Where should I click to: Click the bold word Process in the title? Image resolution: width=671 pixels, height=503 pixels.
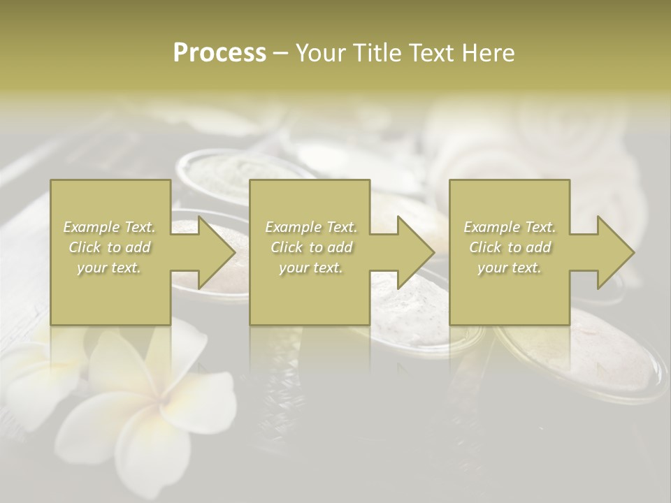219,53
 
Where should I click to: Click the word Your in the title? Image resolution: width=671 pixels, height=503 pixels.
321,53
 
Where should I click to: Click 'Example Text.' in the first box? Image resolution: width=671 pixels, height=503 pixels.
110,227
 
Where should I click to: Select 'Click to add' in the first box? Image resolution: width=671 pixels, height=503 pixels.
110,247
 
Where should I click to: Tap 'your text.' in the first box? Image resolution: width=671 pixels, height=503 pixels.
110,268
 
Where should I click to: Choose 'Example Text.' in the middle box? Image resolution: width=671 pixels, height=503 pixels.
311,227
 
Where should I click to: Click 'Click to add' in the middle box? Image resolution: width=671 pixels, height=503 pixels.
311,247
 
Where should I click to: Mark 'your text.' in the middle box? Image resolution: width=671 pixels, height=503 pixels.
311,268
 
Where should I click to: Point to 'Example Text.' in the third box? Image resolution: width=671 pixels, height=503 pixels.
510,227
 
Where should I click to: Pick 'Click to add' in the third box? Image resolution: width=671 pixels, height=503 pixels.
510,247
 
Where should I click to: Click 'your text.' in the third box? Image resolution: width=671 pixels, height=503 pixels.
510,268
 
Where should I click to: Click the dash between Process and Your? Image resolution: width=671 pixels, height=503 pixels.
280,53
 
